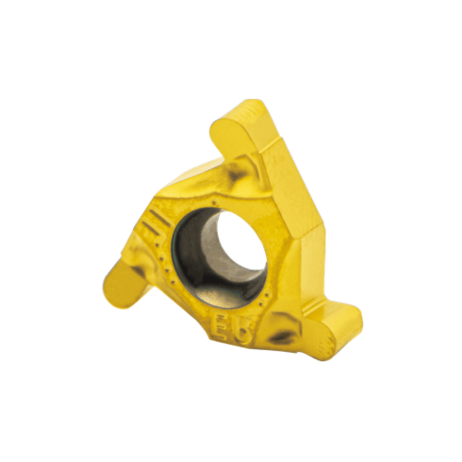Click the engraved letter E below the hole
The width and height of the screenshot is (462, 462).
click(223, 325)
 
